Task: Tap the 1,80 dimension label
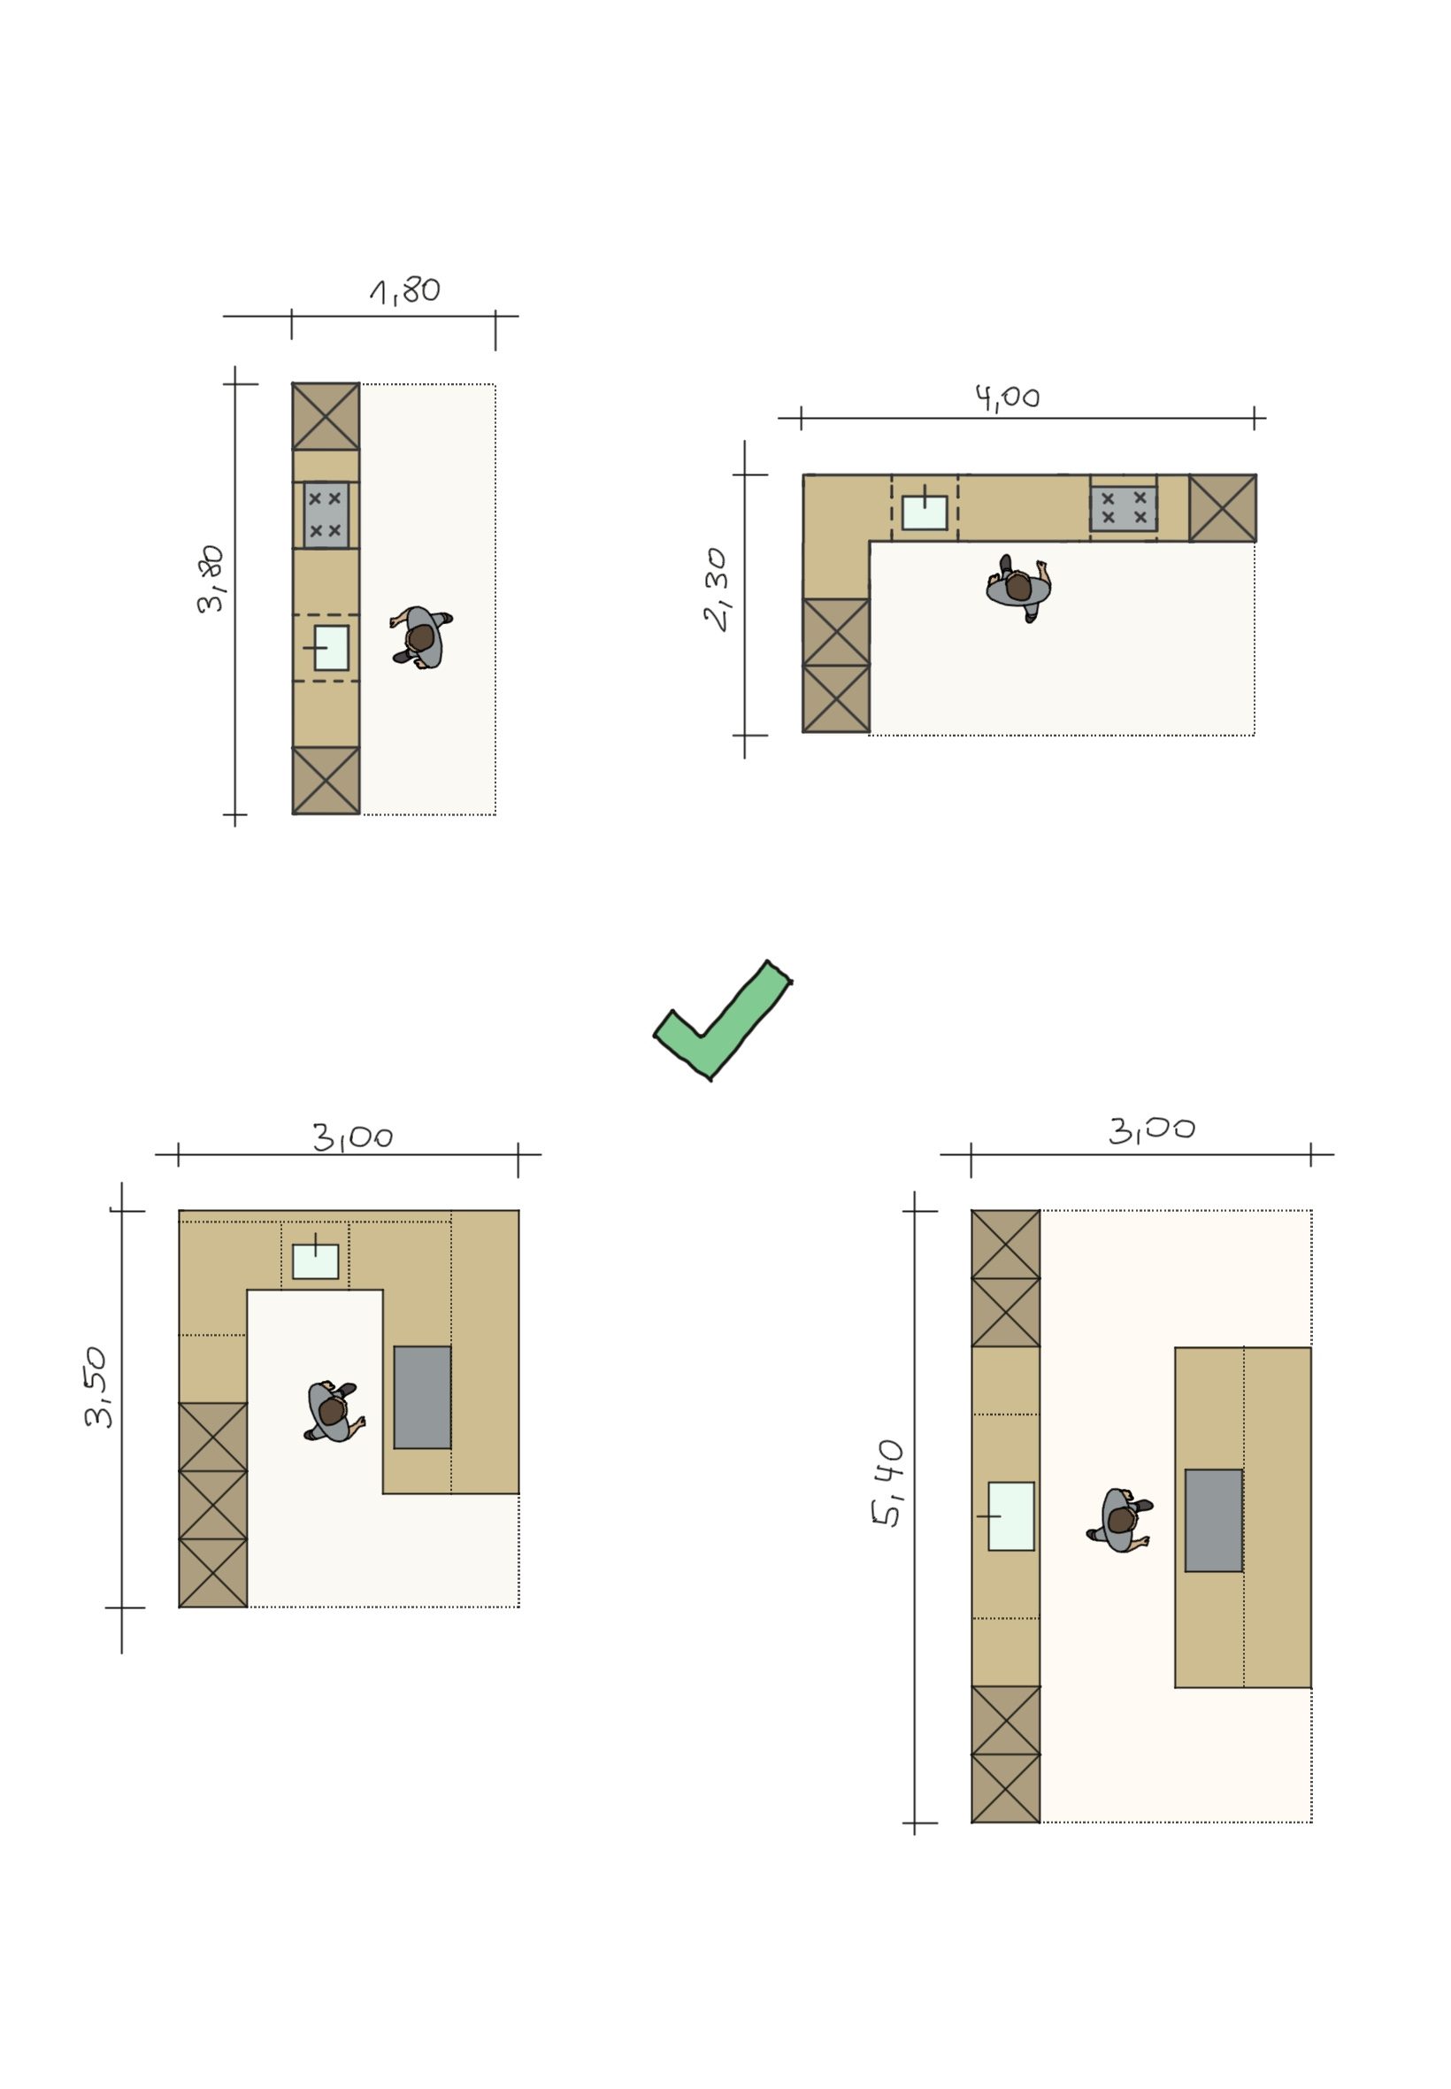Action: click(405, 291)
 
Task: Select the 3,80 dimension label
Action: click(211, 579)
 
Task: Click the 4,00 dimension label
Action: click(1008, 397)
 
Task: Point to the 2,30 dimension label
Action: click(717, 590)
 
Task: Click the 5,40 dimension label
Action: click(888, 1484)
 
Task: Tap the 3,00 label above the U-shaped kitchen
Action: click(353, 1137)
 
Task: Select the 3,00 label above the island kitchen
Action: click(1152, 1129)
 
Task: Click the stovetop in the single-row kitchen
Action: click(326, 515)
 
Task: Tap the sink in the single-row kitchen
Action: click(331, 648)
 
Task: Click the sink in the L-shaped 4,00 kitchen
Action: click(925, 512)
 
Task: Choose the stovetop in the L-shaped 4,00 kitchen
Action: click(1124, 508)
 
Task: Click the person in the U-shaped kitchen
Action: click(333, 1412)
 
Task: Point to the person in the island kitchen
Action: click(1120, 1521)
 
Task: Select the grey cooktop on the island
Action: click(1214, 1521)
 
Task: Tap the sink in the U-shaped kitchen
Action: click(316, 1261)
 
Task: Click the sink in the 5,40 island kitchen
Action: click(1011, 1516)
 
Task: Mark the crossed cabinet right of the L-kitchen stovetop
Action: click(1223, 507)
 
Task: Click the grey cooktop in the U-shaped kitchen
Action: click(423, 1397)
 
